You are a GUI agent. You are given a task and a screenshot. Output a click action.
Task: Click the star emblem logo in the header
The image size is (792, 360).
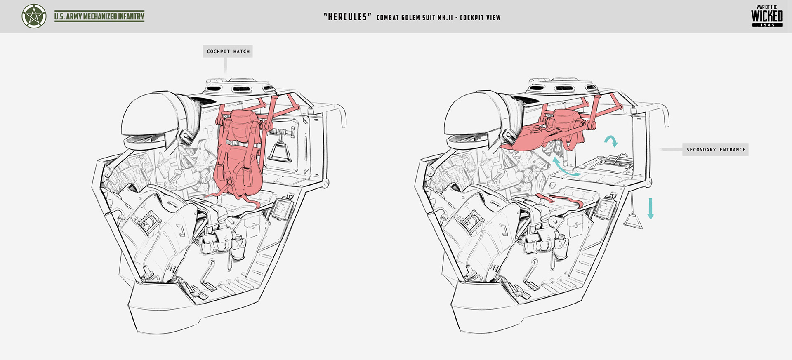[34, 16]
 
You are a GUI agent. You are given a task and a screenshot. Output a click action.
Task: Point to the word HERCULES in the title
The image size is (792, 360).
[347, 17]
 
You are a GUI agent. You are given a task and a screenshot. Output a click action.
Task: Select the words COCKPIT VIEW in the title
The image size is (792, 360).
[480, 17]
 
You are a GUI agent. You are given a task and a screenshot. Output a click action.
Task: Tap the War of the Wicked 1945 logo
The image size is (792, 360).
[766, 16]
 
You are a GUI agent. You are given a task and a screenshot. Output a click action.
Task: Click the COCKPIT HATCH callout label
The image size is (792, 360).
[228, 52]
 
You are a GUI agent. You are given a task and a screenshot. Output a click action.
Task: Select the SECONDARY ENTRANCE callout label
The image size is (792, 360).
[716, 150]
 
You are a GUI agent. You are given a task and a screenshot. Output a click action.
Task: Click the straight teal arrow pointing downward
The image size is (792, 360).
[651, 208]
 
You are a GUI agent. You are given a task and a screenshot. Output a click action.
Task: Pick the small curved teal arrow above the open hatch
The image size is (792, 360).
[611, 141]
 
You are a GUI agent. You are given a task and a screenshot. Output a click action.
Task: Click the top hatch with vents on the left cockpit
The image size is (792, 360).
[239, 86]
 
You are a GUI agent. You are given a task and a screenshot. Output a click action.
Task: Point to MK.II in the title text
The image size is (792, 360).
[445, 17]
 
